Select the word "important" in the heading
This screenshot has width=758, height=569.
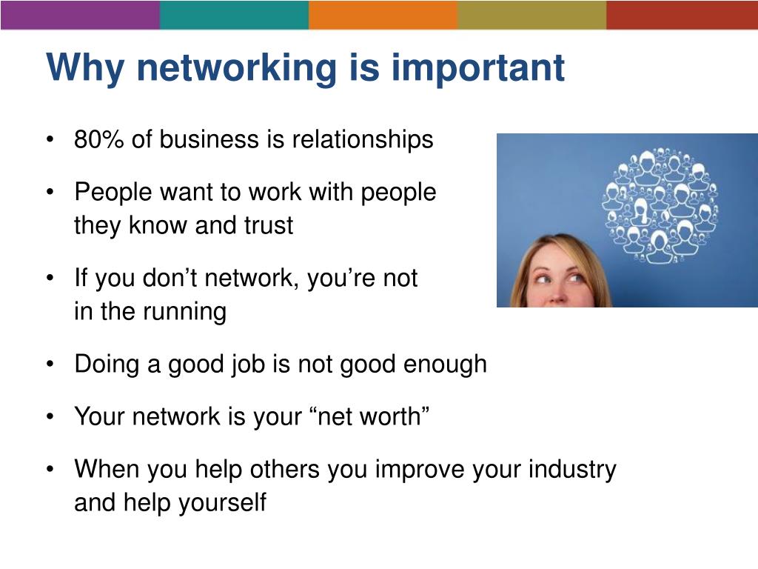477,69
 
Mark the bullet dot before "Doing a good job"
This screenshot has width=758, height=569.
50,365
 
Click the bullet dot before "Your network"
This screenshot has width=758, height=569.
50,418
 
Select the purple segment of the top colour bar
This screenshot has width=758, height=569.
80,14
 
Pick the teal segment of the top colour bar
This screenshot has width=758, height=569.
234,14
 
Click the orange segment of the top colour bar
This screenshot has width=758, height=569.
383,14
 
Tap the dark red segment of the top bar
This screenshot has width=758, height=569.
682,14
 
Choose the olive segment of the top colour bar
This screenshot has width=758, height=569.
531,14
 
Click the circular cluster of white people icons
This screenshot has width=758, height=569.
660,207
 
